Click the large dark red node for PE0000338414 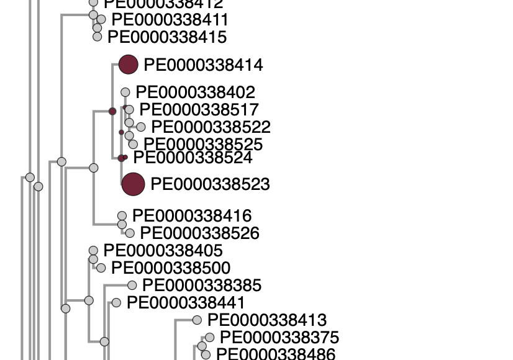coord(128,65)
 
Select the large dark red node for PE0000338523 coord(133,184)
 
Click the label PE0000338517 coord(199,110)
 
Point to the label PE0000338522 coord(211,127)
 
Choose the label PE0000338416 coord(192,216)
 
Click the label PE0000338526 coord(199,233)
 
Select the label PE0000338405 coord(163,251)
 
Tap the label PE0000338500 coord(171,268)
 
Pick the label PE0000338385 coord(202,286)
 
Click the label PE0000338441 coord(186,303)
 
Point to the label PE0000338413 coord(267,320)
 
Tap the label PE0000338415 coord(167,37)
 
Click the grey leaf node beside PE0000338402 coord(125,92)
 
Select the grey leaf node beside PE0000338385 coord(132,286)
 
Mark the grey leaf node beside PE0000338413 coord(197,320)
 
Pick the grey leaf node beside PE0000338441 coord(116,303)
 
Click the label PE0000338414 coord(203,65)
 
